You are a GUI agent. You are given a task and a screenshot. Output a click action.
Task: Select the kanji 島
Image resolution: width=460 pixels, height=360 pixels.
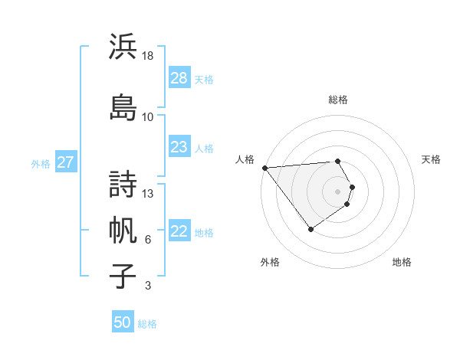(123, 106)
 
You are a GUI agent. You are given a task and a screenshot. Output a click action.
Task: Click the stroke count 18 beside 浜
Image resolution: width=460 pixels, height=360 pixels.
(149, 56)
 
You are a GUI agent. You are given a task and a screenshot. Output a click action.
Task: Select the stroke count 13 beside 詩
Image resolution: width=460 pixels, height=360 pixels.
(149, 193)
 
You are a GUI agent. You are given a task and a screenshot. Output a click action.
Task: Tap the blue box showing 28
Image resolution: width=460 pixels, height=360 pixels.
(179, 78)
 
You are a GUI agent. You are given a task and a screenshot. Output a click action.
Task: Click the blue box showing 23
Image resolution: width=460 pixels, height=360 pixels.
(179, 147)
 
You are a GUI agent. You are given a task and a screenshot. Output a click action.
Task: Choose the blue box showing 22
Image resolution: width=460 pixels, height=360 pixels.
(179, 231)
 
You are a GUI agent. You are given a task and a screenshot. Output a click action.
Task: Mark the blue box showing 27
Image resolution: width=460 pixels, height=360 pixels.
(66, 162)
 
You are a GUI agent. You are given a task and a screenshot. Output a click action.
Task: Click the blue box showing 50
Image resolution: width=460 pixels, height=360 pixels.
(123, 322)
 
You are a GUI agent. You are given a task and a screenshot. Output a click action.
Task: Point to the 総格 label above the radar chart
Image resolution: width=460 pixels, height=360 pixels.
(338, 100)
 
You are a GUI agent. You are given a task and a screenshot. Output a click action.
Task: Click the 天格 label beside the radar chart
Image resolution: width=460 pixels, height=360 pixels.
(431, 159)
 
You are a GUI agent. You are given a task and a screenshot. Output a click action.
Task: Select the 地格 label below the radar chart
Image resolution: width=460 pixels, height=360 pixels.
(402, 262)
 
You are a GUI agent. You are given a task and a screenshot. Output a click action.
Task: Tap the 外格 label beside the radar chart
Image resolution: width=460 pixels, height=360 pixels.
(270, 262)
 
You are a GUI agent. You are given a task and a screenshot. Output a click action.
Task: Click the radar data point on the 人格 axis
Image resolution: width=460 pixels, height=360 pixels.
(264, 168)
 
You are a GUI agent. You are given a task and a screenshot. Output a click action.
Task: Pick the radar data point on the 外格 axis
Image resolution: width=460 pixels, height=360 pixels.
(310, 228)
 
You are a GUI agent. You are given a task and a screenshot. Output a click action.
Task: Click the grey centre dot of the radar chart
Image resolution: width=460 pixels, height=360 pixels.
(337, 191)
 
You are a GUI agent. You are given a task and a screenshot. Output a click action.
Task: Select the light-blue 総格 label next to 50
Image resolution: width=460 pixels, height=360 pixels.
(148, 324)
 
